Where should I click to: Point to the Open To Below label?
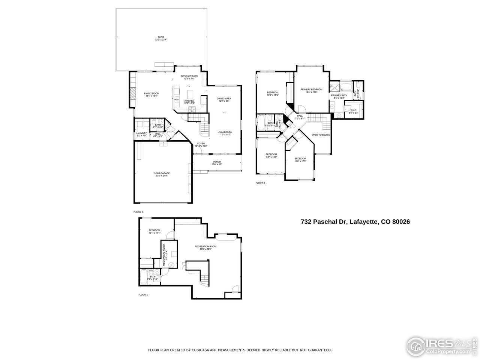(321, 135)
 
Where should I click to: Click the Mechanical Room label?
(164, 255)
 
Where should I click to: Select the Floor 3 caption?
(260, 183)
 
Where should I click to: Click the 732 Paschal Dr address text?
(355, 222)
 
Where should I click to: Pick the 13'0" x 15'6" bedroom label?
(273, 93)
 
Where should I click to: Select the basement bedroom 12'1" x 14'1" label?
(154, 231)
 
